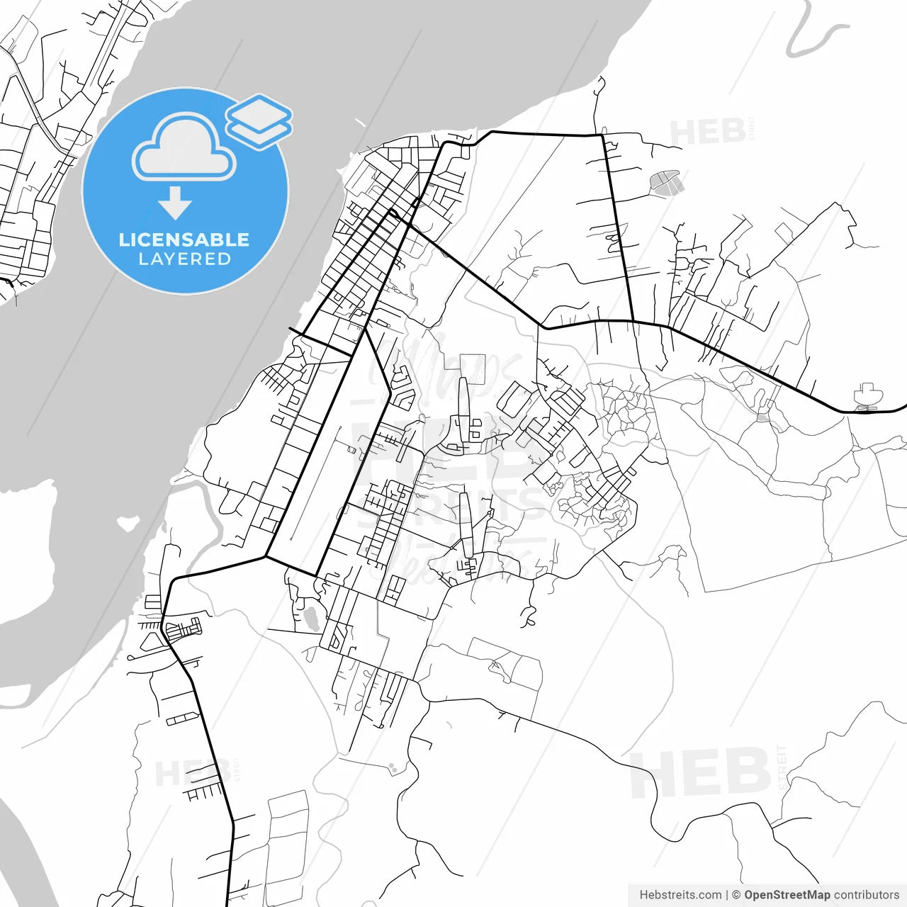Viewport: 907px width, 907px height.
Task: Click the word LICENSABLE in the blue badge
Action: click(x=184, y=240)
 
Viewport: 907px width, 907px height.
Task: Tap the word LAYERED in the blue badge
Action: click(x=184, y=259)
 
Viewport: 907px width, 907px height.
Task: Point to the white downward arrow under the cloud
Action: click(x=175, y=204)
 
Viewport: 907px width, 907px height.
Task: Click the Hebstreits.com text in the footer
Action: click(x=680, y=895)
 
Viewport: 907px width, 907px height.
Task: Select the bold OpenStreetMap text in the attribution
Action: click(x=787, y=895)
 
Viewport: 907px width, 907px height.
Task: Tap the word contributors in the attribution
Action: click(x=867, y=895)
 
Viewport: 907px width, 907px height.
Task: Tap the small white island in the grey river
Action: click(x=128, y=524)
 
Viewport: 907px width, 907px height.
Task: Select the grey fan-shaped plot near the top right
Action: click(x=665, y=182)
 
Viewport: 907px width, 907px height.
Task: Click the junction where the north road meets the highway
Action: click(x=632, y=321)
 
